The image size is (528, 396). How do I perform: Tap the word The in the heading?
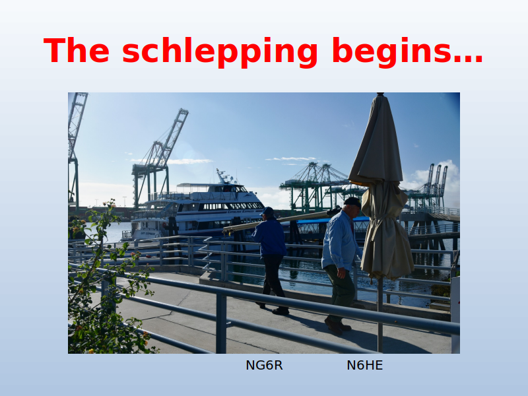click(77, 50)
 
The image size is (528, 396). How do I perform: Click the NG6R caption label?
click(264, 365)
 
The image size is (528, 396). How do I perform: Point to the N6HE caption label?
click(365, 365)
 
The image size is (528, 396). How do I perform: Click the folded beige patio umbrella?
click(382, 189)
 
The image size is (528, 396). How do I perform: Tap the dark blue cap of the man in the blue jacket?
click(267, 211)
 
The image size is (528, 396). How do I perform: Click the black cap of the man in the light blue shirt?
click(352, 202)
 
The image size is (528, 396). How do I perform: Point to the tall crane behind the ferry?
click(158, 158)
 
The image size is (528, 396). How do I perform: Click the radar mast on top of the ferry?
click(223, 177)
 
